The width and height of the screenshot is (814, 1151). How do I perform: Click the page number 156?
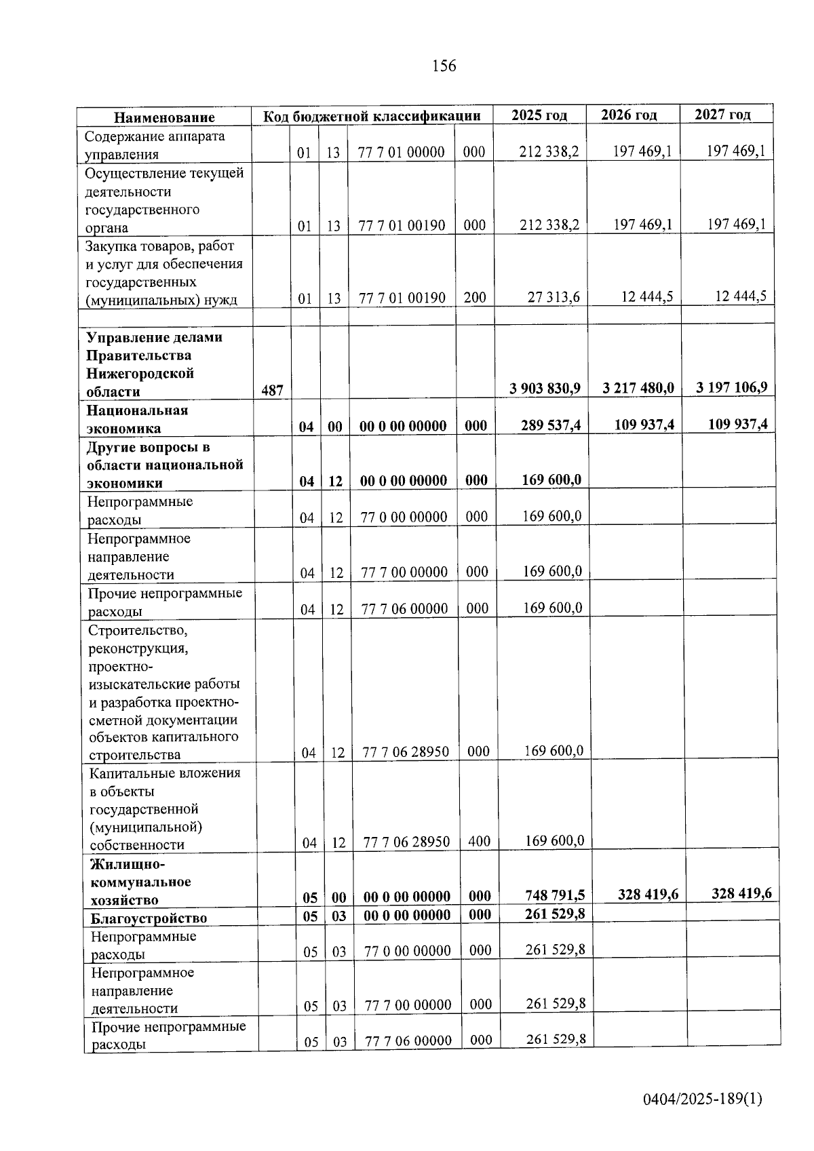pos(444,66)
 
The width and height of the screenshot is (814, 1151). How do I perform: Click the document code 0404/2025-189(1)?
pos(703,1098)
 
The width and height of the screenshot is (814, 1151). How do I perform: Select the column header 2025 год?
pos(539,115)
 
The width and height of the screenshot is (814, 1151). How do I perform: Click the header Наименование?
pos(164,117)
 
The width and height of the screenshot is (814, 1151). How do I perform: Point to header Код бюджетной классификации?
pos(372,116)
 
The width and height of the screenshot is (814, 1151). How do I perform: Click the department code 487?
pos(272,391)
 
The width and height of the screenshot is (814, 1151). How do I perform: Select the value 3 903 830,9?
pos(545,388)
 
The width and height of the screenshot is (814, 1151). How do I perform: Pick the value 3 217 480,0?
pos(638,388)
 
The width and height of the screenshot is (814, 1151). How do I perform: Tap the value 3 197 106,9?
pos(731,387)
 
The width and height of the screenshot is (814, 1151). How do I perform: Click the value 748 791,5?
pos(555,895)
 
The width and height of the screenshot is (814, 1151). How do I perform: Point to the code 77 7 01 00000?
pos(401,152)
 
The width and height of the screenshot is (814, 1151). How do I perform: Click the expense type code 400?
pos(479,841)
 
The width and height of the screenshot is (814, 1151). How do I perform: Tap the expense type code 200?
pos(474,297)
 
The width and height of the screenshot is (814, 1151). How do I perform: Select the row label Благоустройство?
pos(149,918)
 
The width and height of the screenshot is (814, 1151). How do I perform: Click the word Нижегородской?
pos(140,373)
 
